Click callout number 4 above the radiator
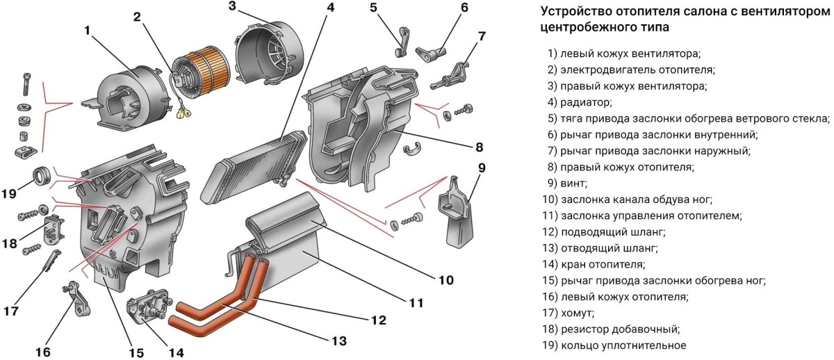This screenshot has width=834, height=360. coord(330,8)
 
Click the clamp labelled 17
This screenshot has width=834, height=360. coord(50,262)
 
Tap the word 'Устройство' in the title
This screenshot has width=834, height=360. coord(575,12)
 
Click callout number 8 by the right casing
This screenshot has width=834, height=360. coord(479,147)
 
